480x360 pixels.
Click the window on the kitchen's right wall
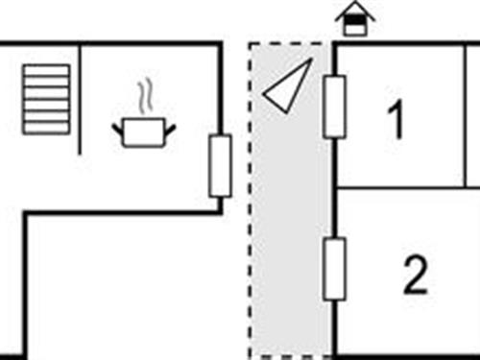click(220, 166)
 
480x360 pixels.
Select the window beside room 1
click(334, 107)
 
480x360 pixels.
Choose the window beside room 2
click(334, 270)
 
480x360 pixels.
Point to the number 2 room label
click(415, 278)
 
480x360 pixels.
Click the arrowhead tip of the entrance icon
click(354, 6)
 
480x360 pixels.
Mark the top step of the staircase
click(46, 70)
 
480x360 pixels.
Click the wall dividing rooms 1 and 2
click(403, 187)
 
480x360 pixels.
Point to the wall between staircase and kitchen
click(79, 96)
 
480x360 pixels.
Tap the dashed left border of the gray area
click(251, 211)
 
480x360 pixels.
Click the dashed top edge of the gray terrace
click(288, 43)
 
